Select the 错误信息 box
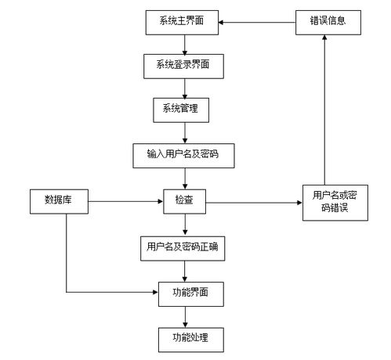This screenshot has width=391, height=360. point(329,23)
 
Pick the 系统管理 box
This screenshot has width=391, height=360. point(184,110)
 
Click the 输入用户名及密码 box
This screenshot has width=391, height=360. point(184,155)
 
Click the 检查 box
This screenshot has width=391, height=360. point(184,201)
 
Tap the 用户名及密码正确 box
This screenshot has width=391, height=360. point(184,247)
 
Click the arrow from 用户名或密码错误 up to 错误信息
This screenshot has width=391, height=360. point(329,110)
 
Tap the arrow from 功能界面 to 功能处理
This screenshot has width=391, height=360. point(184,315)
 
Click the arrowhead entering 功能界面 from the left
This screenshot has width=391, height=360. point(154,293)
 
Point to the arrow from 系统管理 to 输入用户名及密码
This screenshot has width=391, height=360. point(184,132)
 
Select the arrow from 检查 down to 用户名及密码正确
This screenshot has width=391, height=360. point(184,224)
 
